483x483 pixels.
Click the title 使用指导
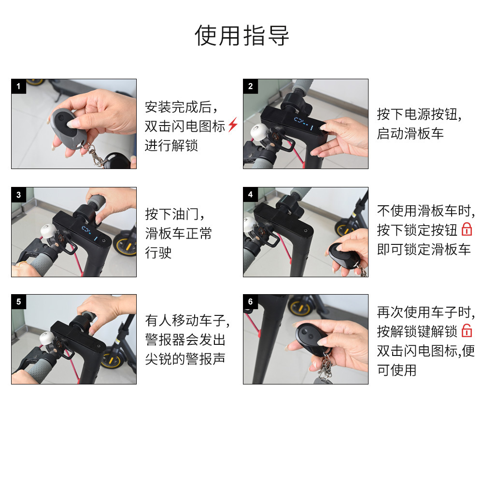coord(241,35)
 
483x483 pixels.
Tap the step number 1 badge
coord(19,86)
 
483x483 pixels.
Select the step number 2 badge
coord(250,86)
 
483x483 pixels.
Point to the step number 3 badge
coord(19,195)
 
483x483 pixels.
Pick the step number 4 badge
coord(250,195)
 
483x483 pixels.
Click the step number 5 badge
coord(19,302)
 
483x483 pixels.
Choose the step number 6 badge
coord(250,302)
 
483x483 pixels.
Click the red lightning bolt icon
coord(233,125)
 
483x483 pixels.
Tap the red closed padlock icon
coord(467,229)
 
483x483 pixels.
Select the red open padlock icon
coord(467,331)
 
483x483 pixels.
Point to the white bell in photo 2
coord(258,132)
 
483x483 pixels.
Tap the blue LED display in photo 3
coord(89,233)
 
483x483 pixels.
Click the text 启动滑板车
coord(410,134)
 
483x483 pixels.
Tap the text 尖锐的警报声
coord(185,359)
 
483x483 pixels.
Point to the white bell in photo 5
coord(46,340)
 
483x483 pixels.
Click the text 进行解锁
coord(171,145)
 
